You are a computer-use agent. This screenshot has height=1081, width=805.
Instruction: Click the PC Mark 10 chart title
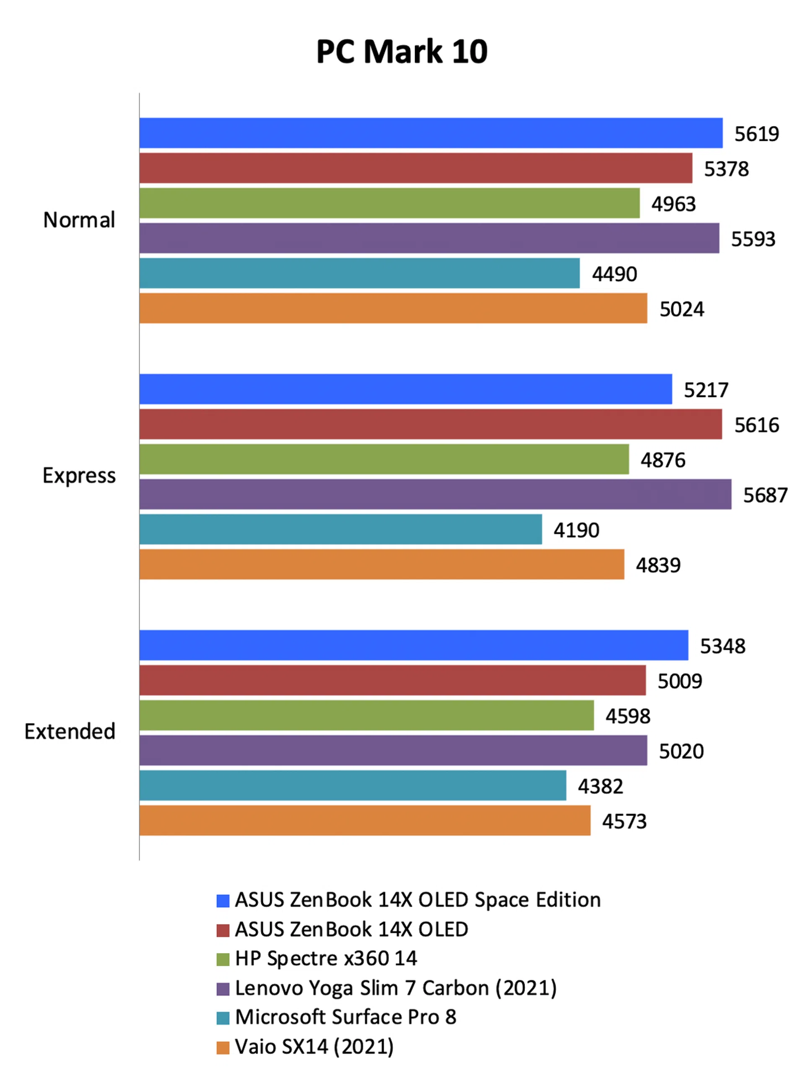click(x=402, y=52)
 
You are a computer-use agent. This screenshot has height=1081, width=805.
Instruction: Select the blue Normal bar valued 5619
click(x=431, y=133)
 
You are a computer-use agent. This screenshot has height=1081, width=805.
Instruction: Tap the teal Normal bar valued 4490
click(x=360, y=273)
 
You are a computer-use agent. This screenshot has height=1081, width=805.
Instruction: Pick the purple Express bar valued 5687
click(x=435, y=495)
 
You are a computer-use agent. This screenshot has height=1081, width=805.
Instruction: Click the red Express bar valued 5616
click(x=431, y=424)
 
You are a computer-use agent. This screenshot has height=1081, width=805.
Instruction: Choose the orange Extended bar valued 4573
click(x=365, y=821)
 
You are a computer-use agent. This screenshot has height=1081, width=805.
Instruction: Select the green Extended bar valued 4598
click(x=366, y=715)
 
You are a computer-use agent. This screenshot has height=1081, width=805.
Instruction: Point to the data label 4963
click(x=673, y=204)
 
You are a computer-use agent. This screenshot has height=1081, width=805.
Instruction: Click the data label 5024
click(x=682, y=309)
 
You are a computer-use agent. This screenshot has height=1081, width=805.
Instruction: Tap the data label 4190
click(x=576, y=530)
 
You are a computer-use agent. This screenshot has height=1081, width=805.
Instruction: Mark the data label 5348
click(x=723, y=646)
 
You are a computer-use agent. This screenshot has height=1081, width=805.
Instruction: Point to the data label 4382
click(x=600, y=786)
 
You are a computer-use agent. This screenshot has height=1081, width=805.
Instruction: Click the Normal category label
click(x=79, y=220)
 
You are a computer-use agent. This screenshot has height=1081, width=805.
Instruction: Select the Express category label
click(x=79, y=475)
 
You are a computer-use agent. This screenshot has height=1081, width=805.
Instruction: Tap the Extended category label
click(x=70, y=732)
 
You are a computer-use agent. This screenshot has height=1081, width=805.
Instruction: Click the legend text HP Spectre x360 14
click(x=326, y=958)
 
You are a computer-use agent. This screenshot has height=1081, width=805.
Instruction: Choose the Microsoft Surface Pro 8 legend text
click(x=345, y=1017)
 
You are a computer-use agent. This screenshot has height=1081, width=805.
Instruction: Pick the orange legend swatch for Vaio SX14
click(x=223, y=1047)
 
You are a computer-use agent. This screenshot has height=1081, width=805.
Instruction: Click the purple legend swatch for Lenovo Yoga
click(x=223, y=988)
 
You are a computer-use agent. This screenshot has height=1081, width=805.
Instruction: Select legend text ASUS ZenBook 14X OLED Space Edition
click(x=418, y=900)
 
